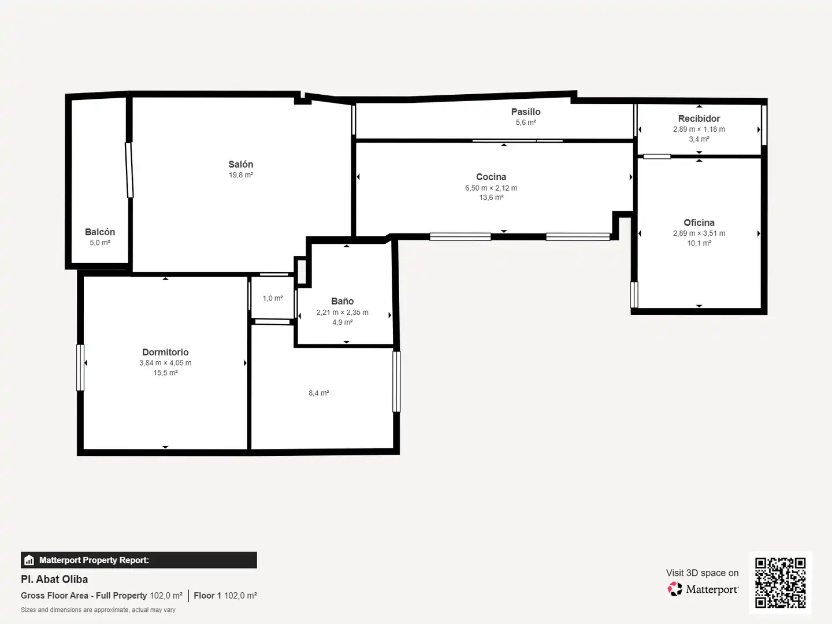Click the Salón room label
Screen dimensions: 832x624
(x=241, y=165)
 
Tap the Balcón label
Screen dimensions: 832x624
(x=100, y=232)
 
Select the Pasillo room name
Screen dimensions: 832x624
(x=526, y=112)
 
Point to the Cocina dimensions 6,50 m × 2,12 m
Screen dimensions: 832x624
(x=491, y=188)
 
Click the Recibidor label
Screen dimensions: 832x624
(x=699, y=118)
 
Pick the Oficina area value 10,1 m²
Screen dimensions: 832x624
(x=699, y=243)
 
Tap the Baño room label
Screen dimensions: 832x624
(x=342, y=301)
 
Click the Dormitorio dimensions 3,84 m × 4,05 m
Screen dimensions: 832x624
(x=165, y=363)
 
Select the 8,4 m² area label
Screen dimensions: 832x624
(x=319, y=393)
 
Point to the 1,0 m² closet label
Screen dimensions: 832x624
(x=273, y=299)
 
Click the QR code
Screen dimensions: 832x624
(x=780, y=583)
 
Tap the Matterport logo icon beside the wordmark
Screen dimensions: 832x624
(x=675, y=589)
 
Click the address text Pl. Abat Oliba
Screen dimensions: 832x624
(x=54, y=580)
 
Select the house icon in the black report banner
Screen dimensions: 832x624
(x=29, y=560)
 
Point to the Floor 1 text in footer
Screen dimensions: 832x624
(x=207, y=596)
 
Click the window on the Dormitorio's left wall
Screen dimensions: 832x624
(x=80, y=367)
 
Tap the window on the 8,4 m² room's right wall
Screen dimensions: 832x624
(x=396, y=381)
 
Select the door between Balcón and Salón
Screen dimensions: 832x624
(x=129, y=170)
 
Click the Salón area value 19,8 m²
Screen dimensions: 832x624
(x=241, y=175)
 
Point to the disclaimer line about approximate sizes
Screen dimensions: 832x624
(x=98, y=610)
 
